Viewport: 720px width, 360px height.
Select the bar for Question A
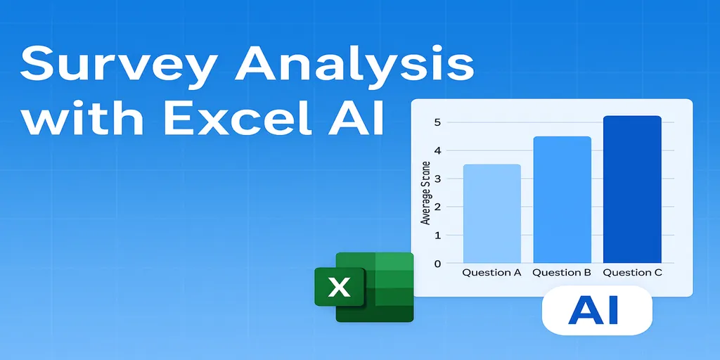[x=491, y=214]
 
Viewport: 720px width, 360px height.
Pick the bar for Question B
[x=562, y=200]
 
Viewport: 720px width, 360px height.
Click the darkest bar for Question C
[x=632, y=190]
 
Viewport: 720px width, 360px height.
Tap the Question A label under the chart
[x=491, y=273]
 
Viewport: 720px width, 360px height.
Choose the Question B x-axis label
[x=562, y=273]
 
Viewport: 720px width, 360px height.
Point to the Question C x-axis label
[x=633, y=273]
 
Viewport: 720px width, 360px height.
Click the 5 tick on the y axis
[x=437, y=122]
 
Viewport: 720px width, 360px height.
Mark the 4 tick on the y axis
[x=437, y=150]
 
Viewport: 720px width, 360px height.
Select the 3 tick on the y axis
[x=437, y=179]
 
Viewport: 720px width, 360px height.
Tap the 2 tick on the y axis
[x=437, y=207]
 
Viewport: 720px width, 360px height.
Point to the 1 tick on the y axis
[x=437, y=236]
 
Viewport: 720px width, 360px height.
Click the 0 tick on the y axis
[x=437, y=264]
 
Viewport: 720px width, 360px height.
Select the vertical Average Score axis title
[x=425, y=193]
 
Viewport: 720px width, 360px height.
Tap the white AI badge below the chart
[x=597, y=310]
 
